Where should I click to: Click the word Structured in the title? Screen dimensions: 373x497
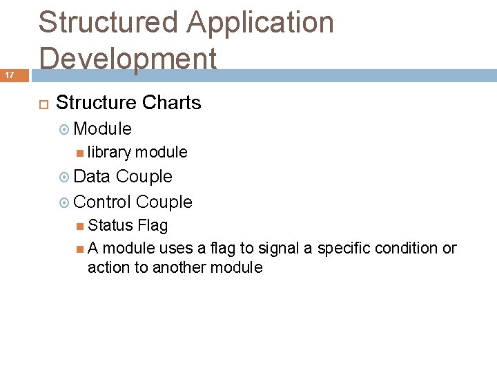point(108,22)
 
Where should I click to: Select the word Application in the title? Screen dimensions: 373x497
point(260,22)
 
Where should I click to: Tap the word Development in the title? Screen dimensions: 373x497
point(128,58)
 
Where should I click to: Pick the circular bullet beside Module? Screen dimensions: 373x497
point(64,129)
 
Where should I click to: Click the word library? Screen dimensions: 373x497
point(109,152)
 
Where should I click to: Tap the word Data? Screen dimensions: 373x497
point(91,177)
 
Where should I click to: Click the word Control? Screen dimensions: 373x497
point(102,202)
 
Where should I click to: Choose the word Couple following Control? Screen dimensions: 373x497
point(164,202)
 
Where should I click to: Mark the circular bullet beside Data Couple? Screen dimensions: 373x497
point(64,178)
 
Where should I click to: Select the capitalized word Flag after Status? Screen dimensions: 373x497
point(153,225)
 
